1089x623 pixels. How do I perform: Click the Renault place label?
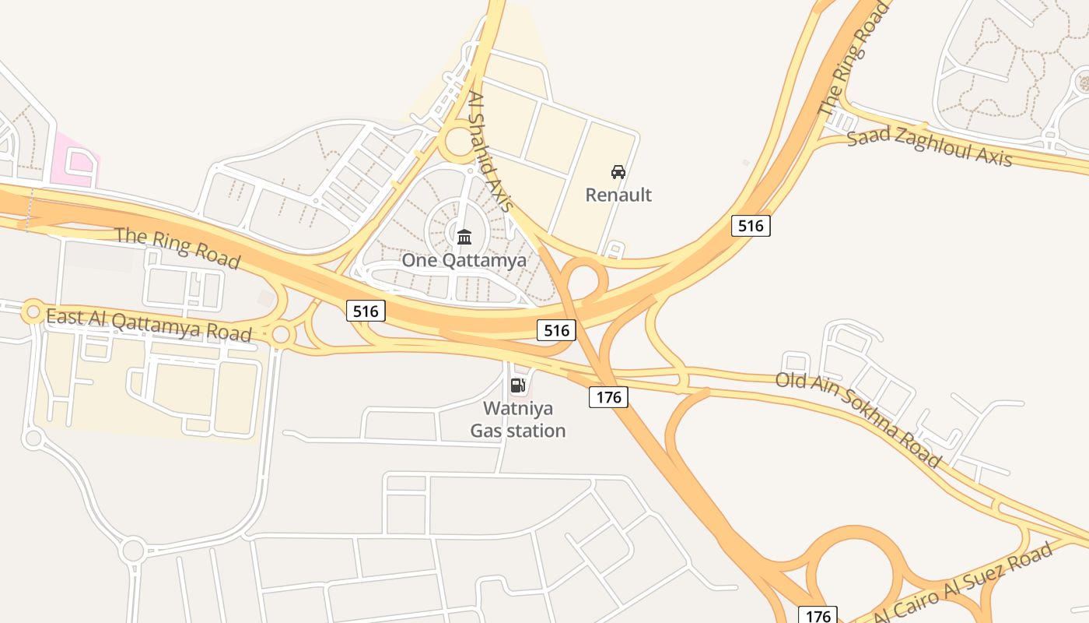618,195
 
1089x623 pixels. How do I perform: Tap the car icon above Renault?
618,171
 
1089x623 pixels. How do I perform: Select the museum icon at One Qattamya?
464,237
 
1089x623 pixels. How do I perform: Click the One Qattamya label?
464,260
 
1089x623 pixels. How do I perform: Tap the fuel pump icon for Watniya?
518,385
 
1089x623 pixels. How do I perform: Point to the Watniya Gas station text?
518,419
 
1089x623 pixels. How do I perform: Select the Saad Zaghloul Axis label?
930,148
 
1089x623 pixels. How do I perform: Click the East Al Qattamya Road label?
149,326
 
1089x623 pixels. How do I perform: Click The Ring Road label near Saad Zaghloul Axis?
854,58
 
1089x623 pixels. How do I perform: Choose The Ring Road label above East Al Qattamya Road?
177,248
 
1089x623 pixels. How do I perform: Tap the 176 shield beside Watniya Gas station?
608,397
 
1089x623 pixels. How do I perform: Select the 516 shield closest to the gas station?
557,330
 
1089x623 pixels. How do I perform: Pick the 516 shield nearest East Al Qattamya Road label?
366,311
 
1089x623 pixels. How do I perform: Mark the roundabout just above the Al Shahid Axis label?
460,143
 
